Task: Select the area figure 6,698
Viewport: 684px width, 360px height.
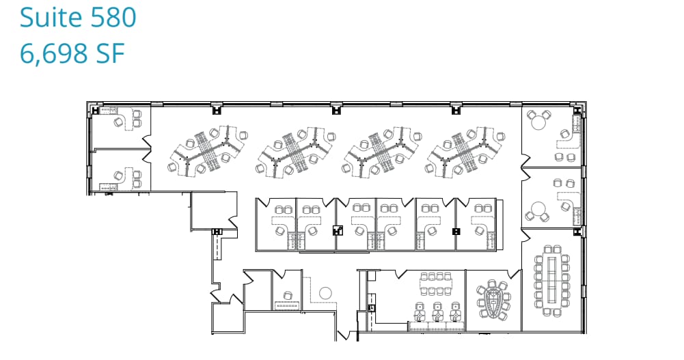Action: click(x=54, y=54)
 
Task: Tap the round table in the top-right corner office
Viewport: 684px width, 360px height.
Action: click(x=539, y=122)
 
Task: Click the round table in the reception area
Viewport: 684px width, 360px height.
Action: click(x=325, y=293)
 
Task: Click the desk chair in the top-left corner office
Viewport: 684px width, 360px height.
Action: click(x=120, y=122)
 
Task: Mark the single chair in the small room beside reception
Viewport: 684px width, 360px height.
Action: click(x=287, y=295)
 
